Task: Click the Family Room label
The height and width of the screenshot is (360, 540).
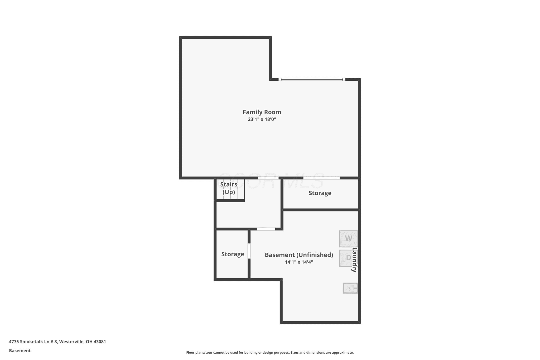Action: point(262,112)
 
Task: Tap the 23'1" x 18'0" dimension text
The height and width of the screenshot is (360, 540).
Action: point(262,119)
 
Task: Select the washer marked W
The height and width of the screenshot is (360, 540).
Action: point(348,239)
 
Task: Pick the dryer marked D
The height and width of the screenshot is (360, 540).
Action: point(348,258)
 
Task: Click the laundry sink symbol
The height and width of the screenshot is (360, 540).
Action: point(350,288)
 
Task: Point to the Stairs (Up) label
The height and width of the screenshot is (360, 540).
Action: point(229,188)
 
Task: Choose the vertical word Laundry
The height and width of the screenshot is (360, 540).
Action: point(355,260)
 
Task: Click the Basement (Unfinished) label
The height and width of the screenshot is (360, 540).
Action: point(299,255)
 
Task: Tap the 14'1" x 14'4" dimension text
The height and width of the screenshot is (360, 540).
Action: point(299,262)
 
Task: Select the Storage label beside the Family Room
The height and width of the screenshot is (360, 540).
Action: point(320,193)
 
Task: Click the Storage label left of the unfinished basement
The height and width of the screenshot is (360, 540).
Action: point(233,254)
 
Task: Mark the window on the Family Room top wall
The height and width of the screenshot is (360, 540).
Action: point(312,79)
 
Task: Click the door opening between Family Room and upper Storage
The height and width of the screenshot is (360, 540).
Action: point(321,178)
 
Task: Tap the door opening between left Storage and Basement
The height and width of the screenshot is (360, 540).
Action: point(249,251)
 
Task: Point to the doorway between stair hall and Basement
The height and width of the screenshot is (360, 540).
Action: point(266,229)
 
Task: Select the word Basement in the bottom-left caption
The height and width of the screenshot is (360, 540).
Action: point(20,351)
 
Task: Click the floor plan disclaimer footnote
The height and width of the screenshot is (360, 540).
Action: point(270,352)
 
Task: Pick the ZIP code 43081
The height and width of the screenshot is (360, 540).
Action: point(100,342)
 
